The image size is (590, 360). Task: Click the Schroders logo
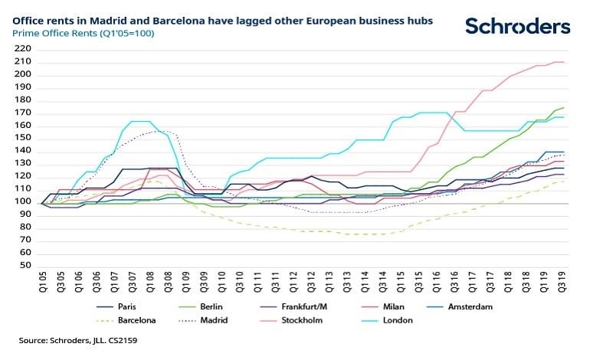[517, 26]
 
